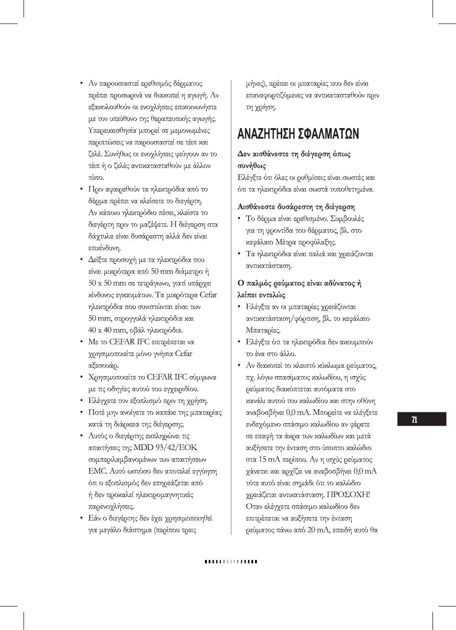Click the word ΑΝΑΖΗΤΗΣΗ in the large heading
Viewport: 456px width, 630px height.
pyautogui.click(x=269, y=134)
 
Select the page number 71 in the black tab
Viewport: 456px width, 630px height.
pyautogui.click(x=414, y=420)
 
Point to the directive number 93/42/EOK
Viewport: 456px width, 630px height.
pyautogui.click(x=174, y=447)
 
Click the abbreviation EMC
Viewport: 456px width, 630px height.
pyautogui.click(x=97, y=471)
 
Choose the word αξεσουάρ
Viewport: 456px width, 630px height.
pyautogui.click(x=103, y=365)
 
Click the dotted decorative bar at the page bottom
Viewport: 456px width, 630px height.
pyautogui.click(x=231, y=561)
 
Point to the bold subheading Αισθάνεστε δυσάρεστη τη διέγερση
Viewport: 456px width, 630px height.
pyautogui.click(x=296, y=207)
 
